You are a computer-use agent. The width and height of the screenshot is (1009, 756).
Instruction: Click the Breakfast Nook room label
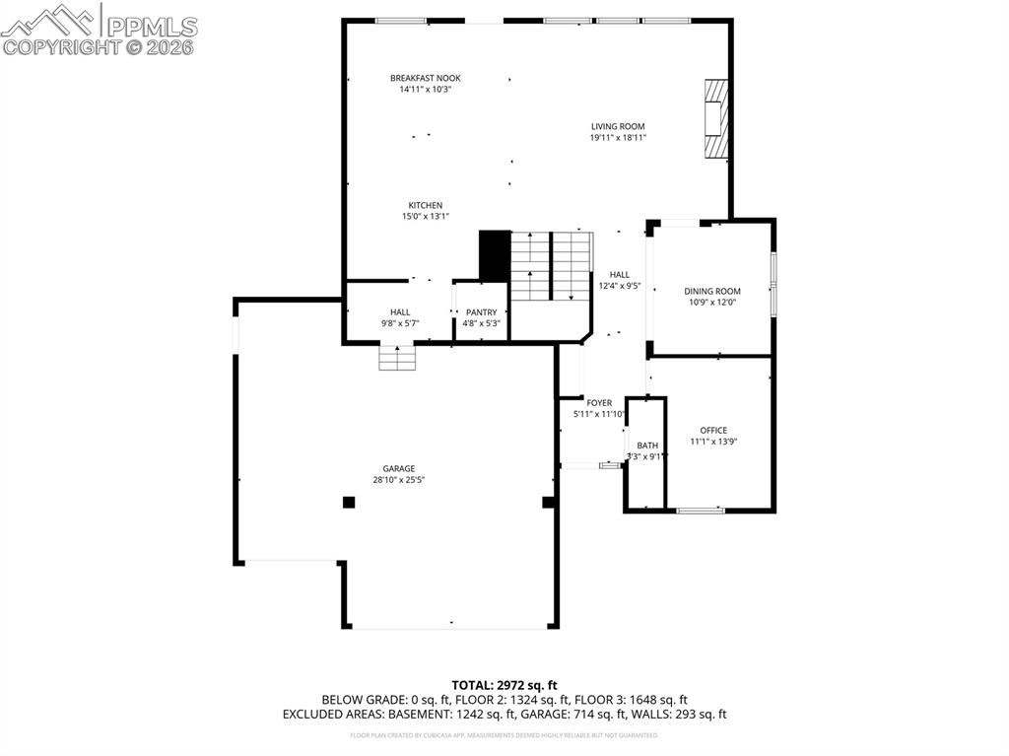pos(425,78)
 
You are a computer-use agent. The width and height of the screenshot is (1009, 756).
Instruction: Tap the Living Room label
pos(618,126)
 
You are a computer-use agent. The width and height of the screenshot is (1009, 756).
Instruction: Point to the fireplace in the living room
pos(715,118)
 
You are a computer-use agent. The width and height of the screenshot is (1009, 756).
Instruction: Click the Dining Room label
pos(712,291)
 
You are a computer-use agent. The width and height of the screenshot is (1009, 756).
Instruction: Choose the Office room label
pos(713,430)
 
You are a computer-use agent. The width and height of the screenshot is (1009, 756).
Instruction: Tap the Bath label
pos(647,446)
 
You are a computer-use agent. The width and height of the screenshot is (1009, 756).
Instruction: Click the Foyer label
pos(599,403)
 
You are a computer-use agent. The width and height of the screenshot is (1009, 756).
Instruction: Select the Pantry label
pos(482,311)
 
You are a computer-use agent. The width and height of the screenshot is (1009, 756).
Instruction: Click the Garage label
pos(399,468)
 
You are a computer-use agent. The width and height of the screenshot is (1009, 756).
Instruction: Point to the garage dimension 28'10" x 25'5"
pos(399,480)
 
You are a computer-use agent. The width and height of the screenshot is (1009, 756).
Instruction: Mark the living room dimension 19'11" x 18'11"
pos(618,138)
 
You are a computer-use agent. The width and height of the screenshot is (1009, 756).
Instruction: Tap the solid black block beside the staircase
pos(494,255)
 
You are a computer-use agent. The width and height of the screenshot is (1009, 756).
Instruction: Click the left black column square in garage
pos(348,502)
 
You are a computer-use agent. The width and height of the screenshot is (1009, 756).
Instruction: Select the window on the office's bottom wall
pos(701,510)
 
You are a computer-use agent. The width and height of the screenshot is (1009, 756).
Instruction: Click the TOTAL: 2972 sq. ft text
pos(504,685)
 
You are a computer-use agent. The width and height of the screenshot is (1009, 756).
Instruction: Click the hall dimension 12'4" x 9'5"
pos(620,286)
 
